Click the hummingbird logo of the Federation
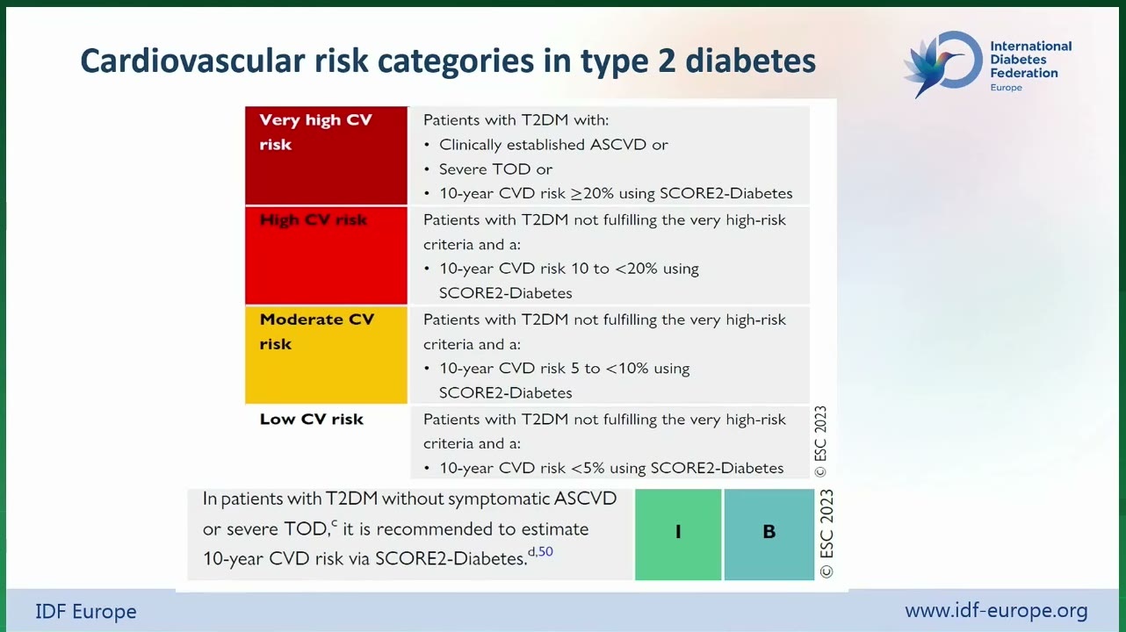pos(943,64)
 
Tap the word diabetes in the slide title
pos(750,61)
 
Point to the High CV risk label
pos(314,219)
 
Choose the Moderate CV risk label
pos(317,332)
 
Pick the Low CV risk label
pos(312,419)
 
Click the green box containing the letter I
pos(678,535)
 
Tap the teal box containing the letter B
pos(769,535)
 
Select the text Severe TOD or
pos(495,169)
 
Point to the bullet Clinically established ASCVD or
pos(553,145)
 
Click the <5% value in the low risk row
pos(588,468)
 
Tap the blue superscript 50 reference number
pos(546,551)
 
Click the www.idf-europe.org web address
pos(996,610)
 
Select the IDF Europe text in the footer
pos(86,612)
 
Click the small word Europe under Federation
pos(1006,88)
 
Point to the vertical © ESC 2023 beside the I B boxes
pos(826,534)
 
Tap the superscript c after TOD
pos(335,523)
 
